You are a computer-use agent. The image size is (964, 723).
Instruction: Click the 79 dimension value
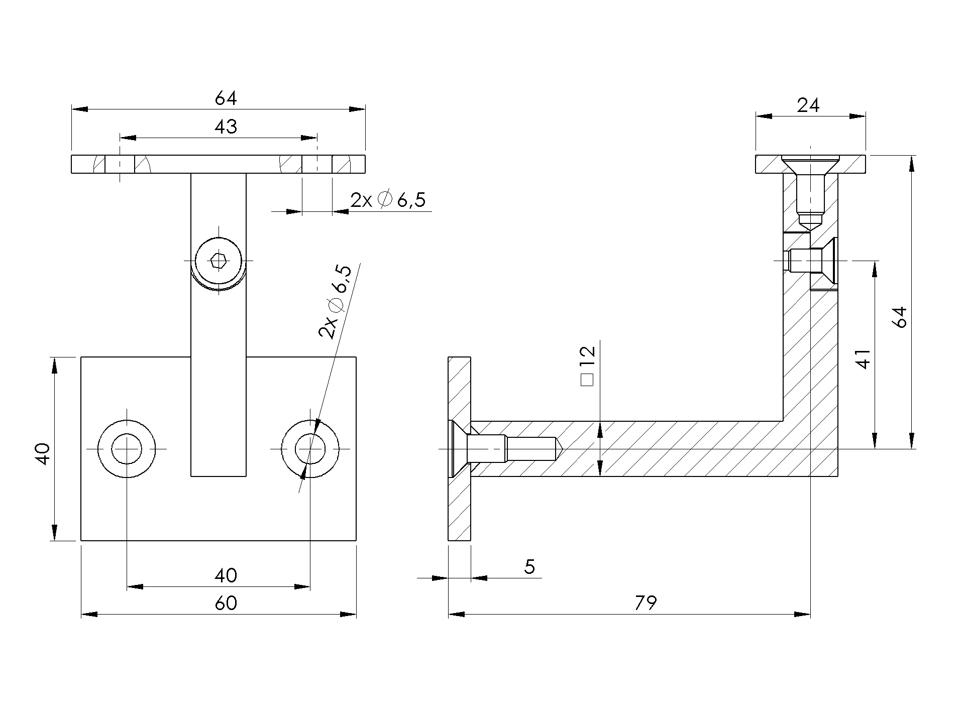click(646, 602)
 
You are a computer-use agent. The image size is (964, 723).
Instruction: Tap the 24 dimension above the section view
click(808, 105)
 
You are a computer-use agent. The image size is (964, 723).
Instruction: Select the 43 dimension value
click(226, 127)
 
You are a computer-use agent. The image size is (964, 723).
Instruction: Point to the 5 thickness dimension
click(529, 567)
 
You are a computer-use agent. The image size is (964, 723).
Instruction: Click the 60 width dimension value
click(226, 602)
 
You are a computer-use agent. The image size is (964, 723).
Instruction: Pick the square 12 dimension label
click(587, 366)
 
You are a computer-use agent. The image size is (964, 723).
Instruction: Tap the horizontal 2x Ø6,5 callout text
click(388, 200)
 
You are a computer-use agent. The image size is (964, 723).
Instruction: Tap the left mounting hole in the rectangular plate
click(127, 448)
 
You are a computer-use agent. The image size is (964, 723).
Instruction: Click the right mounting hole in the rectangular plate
click(310, 448)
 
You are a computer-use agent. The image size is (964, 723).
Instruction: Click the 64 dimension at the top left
click(226, 98)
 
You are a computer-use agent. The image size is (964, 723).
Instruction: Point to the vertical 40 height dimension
click(43, 454)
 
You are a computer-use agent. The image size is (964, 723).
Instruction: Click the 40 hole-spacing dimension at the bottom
click(226, 575)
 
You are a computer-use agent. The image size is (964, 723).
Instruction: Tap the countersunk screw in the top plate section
click(810, 193)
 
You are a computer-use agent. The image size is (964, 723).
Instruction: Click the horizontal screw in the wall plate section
click(507, 448)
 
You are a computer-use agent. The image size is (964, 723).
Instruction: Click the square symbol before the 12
click(587, 380)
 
